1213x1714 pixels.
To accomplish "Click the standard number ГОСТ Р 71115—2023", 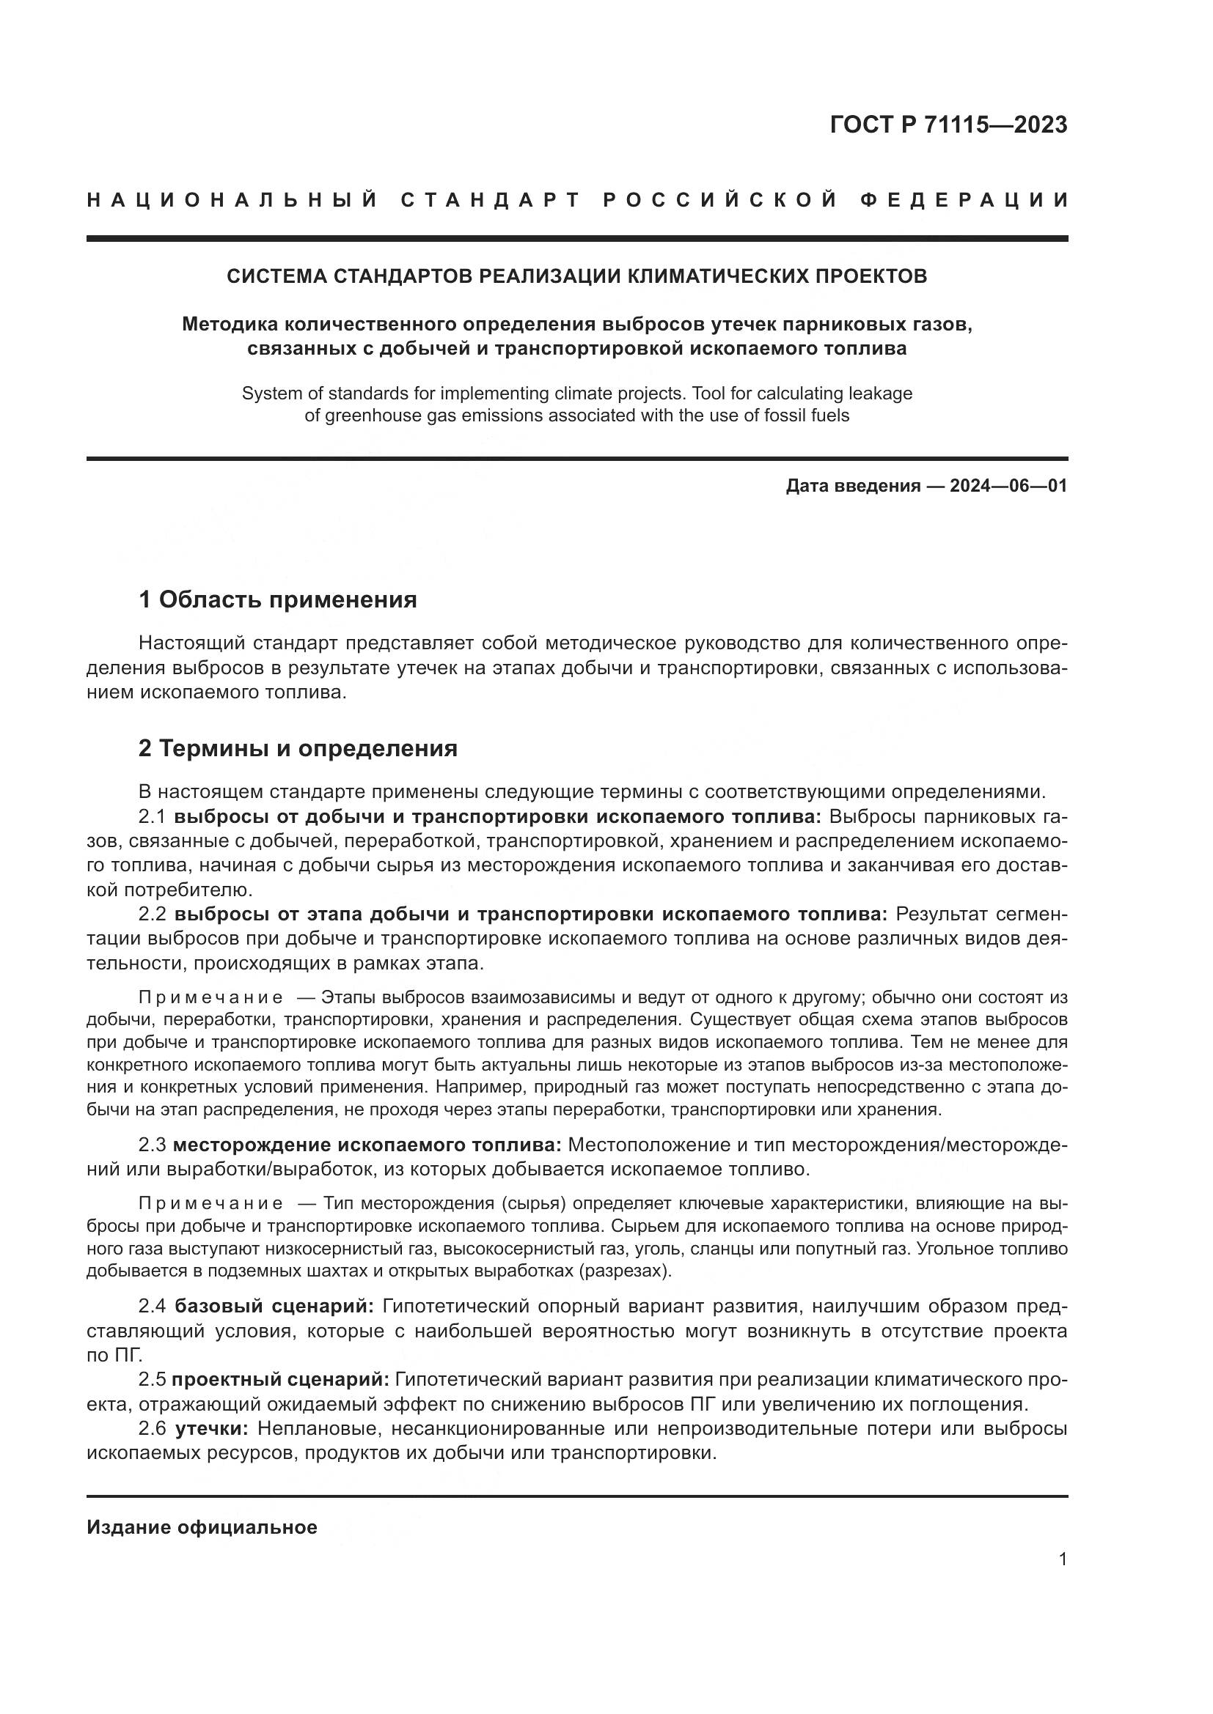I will point(948,125).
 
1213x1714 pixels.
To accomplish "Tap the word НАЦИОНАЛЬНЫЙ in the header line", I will point(232,200).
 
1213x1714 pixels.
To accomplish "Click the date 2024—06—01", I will point(1008,486).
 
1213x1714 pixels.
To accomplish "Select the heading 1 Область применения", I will point(277,599).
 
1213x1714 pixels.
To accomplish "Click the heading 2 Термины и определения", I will point(297,748).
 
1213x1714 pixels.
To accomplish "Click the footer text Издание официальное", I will point(202,1527).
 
